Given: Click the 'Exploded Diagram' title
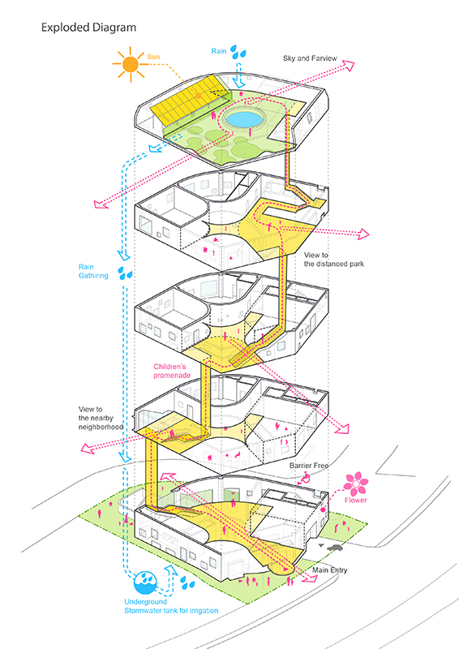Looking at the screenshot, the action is pyautogui.click(x=88, y=28).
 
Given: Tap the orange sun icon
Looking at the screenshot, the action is pyautogui.click(x=130, y=64).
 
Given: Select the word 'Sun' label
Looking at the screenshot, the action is pyautogui.click(x=153, y=57).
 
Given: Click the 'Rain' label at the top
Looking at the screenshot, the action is pyautogui.click(x=218, y=51).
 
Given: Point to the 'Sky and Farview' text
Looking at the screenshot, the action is pyautogui.click(x=310, y=58).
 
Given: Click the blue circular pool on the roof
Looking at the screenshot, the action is pyautogui.click(x=244, y=119).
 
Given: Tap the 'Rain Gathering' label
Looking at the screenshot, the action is pyautogui.click(x=93, y=271).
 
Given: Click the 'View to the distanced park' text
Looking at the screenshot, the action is pyautogui.click(x=334, y=260).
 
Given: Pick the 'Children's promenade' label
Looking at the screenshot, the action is pyautogui.click(x=172, y=371).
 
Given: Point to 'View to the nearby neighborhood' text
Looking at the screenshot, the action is pyautogui.click(x=101, y=418).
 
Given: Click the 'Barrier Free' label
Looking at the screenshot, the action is pyautogui.click(x=309, y=466).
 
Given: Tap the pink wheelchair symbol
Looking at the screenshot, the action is pyautogui.click(x=306, y=478).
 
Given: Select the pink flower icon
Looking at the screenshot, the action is pyautogui.click(x=355, y=484).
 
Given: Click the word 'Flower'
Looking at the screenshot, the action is pyautogui.click(x=355, y=500).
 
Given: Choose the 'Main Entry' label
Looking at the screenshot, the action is pyautogui.click(x=330, y=570).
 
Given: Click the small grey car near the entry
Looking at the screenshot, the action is pyautogui.click(x=334, y=548).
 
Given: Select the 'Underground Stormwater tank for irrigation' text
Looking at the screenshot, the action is pyautogui.click(x=171, y=606).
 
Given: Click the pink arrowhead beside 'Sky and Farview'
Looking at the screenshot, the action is pyautogui.click(x=349, y=66).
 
